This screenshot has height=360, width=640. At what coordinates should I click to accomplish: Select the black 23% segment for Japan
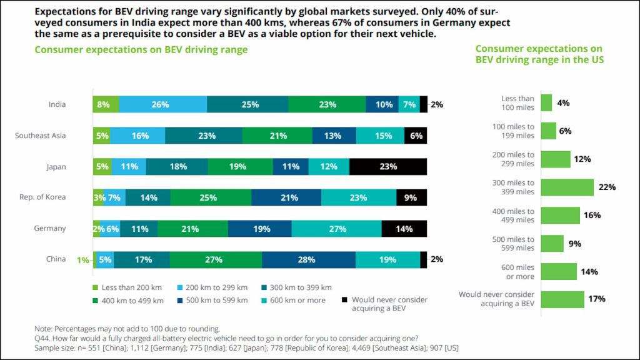(x=387, y=167)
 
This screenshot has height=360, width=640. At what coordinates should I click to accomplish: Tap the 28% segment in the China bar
(x=309, y=259)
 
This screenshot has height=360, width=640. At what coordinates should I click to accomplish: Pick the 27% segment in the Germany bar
(x=336, y=229)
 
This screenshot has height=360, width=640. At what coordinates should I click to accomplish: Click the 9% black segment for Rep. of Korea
(x=411, y=197)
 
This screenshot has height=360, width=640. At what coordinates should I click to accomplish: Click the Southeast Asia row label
(x=41, y=136)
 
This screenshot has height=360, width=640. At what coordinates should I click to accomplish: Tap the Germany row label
(x=50, y=229)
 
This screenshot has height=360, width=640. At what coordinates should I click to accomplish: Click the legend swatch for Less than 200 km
(x=96, y=287)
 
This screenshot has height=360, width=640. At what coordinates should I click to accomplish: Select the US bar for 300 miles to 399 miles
(x=567, y=187)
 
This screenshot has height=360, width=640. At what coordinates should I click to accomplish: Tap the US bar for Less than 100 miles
(x=546, y=103)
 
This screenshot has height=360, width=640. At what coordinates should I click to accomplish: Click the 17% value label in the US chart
(x=596, y=299)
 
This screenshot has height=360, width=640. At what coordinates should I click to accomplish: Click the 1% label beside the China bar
(x=83, y=259)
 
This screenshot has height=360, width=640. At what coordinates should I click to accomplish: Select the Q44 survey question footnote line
(x=226, y=338)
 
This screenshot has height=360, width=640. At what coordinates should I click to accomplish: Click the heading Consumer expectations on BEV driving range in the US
(x=539, y=54)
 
